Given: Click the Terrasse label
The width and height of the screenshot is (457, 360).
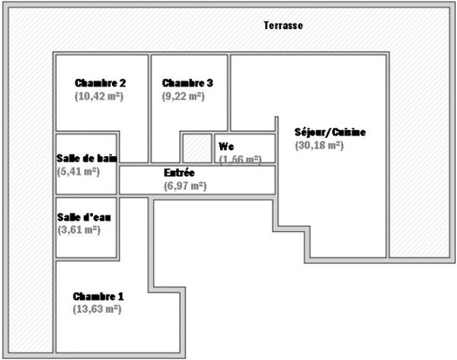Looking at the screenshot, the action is [x=283, y=25].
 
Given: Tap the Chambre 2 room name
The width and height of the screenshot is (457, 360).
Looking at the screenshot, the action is [x=101, y=83].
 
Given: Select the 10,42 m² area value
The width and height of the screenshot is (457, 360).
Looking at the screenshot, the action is [x=99, y=97].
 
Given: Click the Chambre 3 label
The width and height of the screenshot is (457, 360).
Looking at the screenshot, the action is [x=187, y=83].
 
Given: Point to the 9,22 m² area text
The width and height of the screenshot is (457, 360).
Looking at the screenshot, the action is [x=184, y=97].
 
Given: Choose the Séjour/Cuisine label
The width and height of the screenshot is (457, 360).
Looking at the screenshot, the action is [x=330, y=132].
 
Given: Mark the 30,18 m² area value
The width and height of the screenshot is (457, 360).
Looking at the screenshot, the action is [x=319, y=145].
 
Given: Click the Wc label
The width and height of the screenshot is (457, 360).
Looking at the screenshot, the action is [x=226, y=146].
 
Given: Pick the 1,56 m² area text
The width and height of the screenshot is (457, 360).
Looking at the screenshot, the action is [x=241, y=159].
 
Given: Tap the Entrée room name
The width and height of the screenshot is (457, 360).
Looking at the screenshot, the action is [x=179, y=173].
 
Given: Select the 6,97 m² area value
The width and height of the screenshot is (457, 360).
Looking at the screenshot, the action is [x=185, y=186].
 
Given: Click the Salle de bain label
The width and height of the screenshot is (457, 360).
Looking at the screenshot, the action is [x=87, y=158].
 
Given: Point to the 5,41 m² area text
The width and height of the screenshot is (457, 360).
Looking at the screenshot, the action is [x=78, y=171].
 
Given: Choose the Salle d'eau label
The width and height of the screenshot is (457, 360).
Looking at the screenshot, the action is [x=84, y=217].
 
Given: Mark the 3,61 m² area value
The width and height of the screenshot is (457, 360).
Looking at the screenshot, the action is [x=79, y=230].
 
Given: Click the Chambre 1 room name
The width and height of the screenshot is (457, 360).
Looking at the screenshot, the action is [x=98, y=297].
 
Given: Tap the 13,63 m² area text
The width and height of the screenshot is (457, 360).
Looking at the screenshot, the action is [x=97, y=309].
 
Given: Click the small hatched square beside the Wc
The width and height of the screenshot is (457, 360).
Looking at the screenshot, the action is [x=197, y=148].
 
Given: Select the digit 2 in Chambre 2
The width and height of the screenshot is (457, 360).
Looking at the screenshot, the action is [x=123, y=83].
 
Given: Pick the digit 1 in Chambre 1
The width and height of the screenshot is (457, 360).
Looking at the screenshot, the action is [x=120, y=297].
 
